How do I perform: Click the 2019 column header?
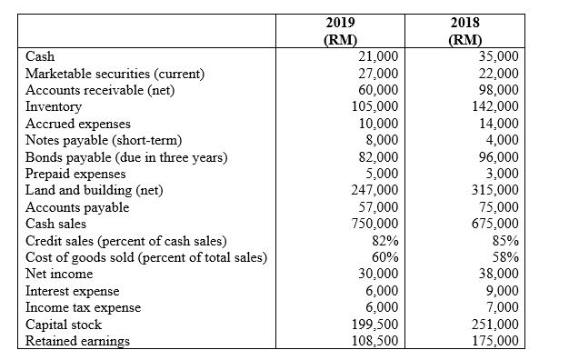point(340,30)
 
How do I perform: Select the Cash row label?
point(41,56)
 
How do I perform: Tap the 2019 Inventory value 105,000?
point(374,106)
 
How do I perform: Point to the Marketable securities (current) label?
point(115,73)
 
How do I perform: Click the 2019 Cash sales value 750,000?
point(374,224)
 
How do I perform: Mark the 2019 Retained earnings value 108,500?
point(374,341)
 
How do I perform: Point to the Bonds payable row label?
point(126,157)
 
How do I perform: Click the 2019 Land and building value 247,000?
point(374,190)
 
